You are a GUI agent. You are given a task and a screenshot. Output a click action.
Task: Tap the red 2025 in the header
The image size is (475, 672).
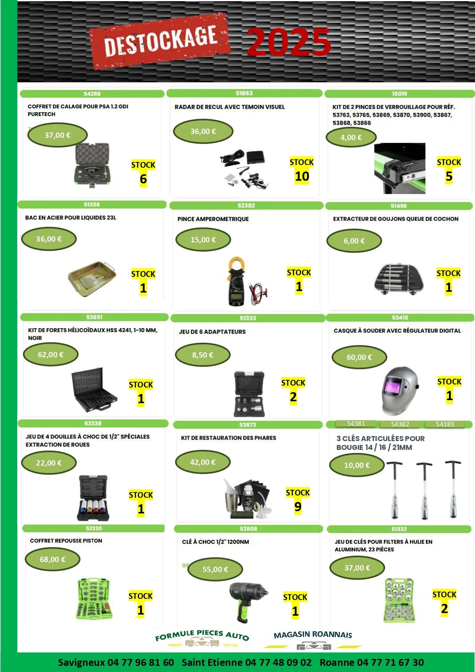289,42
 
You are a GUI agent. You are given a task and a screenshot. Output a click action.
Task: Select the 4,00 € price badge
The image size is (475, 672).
351,137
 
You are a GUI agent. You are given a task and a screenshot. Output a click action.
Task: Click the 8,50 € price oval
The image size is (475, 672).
202,355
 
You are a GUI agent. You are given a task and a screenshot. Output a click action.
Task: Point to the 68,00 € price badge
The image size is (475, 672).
52,559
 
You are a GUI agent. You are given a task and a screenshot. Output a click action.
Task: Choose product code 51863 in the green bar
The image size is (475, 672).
244,93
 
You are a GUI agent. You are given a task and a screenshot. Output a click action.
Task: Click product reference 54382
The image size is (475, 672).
400,424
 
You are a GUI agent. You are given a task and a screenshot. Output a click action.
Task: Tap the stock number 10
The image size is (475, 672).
302,177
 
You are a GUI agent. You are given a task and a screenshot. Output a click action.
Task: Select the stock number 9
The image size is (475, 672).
298,507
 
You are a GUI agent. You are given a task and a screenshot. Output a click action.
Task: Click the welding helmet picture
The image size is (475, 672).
399,391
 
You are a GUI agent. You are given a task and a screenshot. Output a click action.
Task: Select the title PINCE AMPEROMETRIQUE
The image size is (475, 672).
213,219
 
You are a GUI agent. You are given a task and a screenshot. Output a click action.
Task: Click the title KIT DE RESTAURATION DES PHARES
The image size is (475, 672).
229,438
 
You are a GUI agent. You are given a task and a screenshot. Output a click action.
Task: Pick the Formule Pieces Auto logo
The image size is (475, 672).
202,638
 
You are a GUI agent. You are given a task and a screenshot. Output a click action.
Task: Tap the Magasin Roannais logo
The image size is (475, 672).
313,639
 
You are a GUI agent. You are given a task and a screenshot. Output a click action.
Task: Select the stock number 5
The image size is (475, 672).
449,177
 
